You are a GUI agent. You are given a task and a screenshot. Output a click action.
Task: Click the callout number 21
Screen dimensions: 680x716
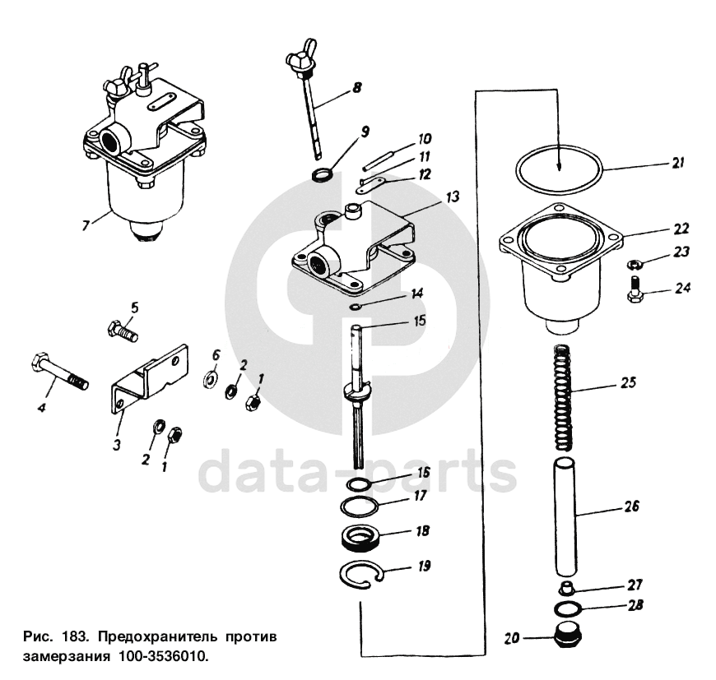tap(678, 163)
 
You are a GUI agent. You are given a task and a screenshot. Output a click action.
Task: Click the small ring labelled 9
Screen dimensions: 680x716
tap(324, 173)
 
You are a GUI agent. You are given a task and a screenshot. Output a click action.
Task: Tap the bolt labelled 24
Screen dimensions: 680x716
tap(636, 290)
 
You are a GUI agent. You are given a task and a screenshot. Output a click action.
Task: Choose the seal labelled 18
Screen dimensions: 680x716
tap(360, 539)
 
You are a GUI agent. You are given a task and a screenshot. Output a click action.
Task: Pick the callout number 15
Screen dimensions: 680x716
tap(420, 321)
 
